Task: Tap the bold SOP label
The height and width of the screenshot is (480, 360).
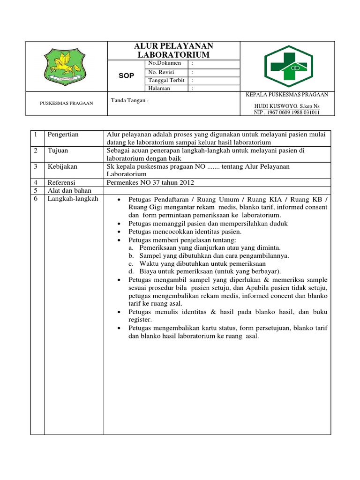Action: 126,75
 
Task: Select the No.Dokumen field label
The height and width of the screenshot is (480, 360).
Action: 161,63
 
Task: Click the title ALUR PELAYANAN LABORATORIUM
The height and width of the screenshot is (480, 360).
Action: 174,50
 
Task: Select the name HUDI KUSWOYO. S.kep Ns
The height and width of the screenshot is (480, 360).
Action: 287,106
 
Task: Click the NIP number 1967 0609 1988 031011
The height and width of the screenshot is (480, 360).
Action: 287,112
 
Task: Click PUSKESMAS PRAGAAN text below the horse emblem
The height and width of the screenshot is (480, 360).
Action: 66,103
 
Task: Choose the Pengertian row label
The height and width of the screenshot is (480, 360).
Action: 63,135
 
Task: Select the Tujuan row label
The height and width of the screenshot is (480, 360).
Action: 58,150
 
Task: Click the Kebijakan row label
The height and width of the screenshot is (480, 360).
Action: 62,166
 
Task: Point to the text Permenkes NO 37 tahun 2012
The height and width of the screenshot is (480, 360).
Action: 150,182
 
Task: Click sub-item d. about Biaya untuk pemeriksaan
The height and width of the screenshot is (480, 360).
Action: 204,271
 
